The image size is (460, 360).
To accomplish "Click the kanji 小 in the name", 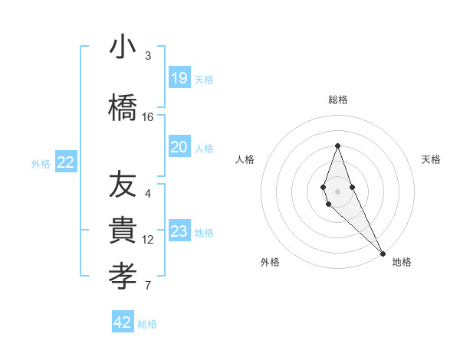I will (123, 47).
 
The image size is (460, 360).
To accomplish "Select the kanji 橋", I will (123, 107).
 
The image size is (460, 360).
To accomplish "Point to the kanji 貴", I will (123, 230).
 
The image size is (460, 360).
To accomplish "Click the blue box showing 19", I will (179, 77).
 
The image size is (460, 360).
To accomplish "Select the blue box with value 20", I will (179, 147).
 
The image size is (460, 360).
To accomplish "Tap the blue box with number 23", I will (179, 231).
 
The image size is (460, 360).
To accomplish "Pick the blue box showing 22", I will (65, 162).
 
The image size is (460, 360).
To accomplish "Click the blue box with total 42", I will (123, 322).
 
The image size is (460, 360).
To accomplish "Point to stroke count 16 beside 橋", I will (148, 116).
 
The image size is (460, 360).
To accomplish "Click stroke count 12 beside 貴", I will (148, 239).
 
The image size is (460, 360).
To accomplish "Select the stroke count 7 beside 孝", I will (148, 286).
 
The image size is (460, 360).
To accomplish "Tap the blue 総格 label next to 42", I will (147, 324).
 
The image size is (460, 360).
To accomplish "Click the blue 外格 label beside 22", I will (41, 164).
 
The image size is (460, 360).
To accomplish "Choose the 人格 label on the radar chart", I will (245, 159).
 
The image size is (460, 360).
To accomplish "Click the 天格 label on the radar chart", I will (431, 159).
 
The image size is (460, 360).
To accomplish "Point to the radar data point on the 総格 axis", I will (337, 146).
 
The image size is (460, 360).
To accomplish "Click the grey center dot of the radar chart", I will (337, 190).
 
